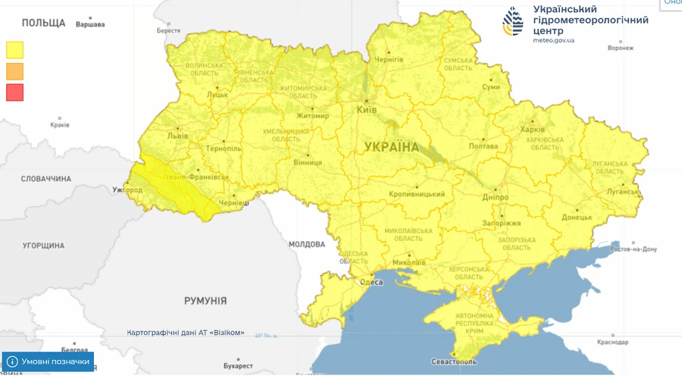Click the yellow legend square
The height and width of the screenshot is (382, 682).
(15, 49)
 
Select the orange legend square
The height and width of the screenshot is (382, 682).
(15, 70)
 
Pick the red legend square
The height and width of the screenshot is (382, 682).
(15, 92)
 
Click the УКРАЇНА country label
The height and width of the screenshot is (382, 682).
(391, 146)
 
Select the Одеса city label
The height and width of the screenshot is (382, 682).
(371, 282)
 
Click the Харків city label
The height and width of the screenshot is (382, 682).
(533, 129)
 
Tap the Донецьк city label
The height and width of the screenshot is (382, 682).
(575, 218)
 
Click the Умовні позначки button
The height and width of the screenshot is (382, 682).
(48, 362)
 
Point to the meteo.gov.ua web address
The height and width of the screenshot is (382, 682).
(553, 40)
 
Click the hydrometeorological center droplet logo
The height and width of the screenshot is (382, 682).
(513, 21)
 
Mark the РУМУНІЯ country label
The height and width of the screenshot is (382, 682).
(205, 301)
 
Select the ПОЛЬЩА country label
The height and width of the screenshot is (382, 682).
(43, 23)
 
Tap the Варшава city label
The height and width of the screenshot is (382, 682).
(90, 24)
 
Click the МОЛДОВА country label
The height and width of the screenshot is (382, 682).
(306, 244)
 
